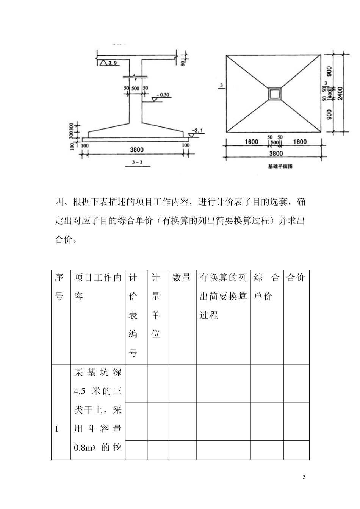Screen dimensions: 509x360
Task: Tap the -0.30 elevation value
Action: (x=163, y=95)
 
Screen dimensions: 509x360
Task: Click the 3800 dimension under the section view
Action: (x=136, y=150)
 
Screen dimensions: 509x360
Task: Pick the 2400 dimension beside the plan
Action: (x=340, y=94)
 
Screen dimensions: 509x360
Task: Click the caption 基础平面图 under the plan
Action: (x=280, y=166)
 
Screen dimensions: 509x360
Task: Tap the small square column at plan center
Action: (x=274, y=94)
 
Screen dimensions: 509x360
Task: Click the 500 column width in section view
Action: (x=135, y=88)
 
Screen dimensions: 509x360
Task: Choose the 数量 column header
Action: (x=182, y=278)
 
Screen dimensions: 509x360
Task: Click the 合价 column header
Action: (x=296, y=278)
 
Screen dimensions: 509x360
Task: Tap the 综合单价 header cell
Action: (x=267, y=287)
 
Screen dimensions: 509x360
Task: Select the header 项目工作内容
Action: (x=97, y=287)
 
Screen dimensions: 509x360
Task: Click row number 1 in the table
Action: (x=57, y=429)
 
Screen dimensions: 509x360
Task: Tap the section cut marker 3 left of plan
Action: (x=220, y=86)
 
